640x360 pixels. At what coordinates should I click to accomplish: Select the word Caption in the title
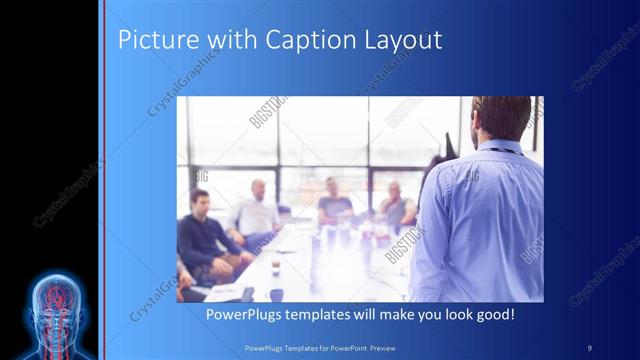pos(304,41)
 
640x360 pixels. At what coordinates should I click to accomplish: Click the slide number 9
pos(590,346)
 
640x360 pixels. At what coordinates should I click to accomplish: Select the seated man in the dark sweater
pos(204,235)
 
